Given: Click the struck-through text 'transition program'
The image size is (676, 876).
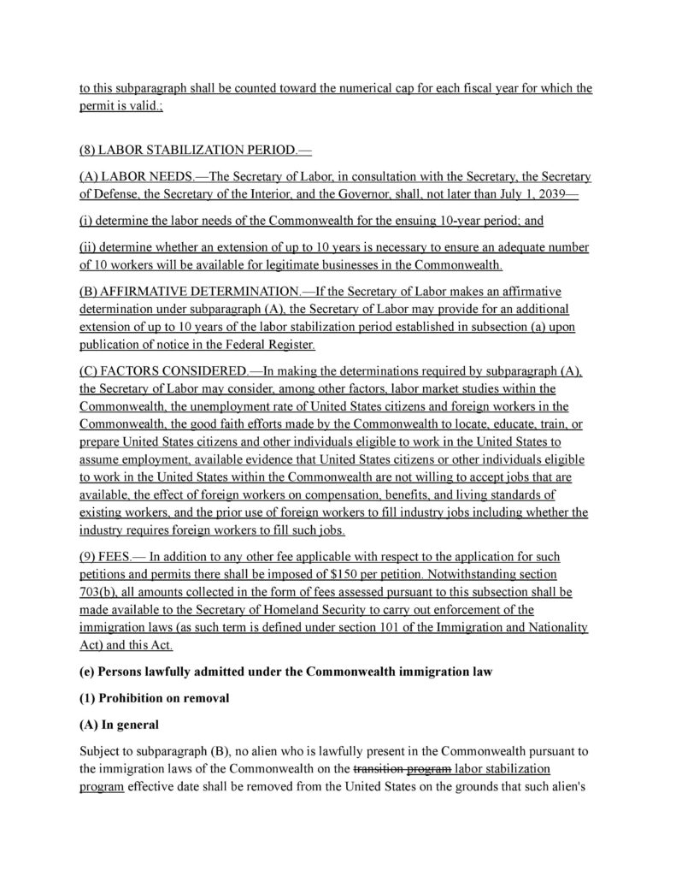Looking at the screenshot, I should [x=402, y=770].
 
